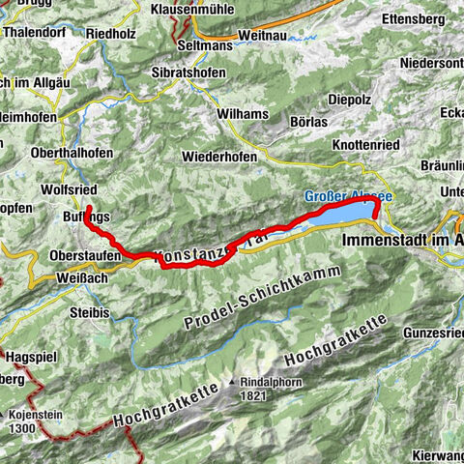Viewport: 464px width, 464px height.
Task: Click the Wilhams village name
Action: point(243,114)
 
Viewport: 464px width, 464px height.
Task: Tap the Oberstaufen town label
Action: point(85,255)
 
